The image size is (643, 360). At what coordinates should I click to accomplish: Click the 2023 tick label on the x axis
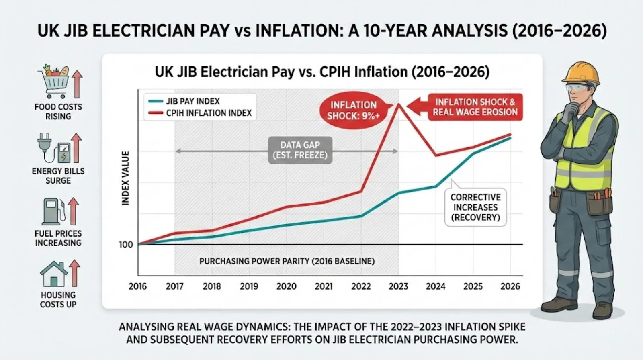pyautogui.click(x=398, y=286)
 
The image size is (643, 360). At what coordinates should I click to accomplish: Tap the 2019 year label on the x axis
pyautogui.click(x=249, y=286)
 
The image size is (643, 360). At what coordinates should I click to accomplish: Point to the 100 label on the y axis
pyautogui.click(x=126, y=245)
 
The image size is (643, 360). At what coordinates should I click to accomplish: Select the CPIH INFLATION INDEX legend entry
pyautogui.click(x=208, y=113)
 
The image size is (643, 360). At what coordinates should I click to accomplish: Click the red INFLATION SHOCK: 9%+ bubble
pyautogui.click(x=353, y=110)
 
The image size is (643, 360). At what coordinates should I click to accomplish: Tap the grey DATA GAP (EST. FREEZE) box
pyautogui.click(x=300, y=150)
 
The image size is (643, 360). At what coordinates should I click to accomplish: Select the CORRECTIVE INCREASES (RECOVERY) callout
pyautogui.click(x=475, y=207)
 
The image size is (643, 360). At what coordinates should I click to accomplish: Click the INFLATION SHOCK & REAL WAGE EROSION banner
pyautogui.click(x=475, y=107)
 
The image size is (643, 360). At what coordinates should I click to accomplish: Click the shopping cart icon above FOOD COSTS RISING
pyautogui.click(x=53, y=82)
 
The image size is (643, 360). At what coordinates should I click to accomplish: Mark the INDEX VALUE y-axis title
pyautogui.click(x=126, y=178)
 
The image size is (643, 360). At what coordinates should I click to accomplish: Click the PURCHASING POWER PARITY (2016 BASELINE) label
pyautogui.click(x=287, y=261)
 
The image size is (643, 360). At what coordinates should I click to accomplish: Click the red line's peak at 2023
pyautogui.click(x=399, y=104)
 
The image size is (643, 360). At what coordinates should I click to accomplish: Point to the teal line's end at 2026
pyautogui.click(x=510, y=138)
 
